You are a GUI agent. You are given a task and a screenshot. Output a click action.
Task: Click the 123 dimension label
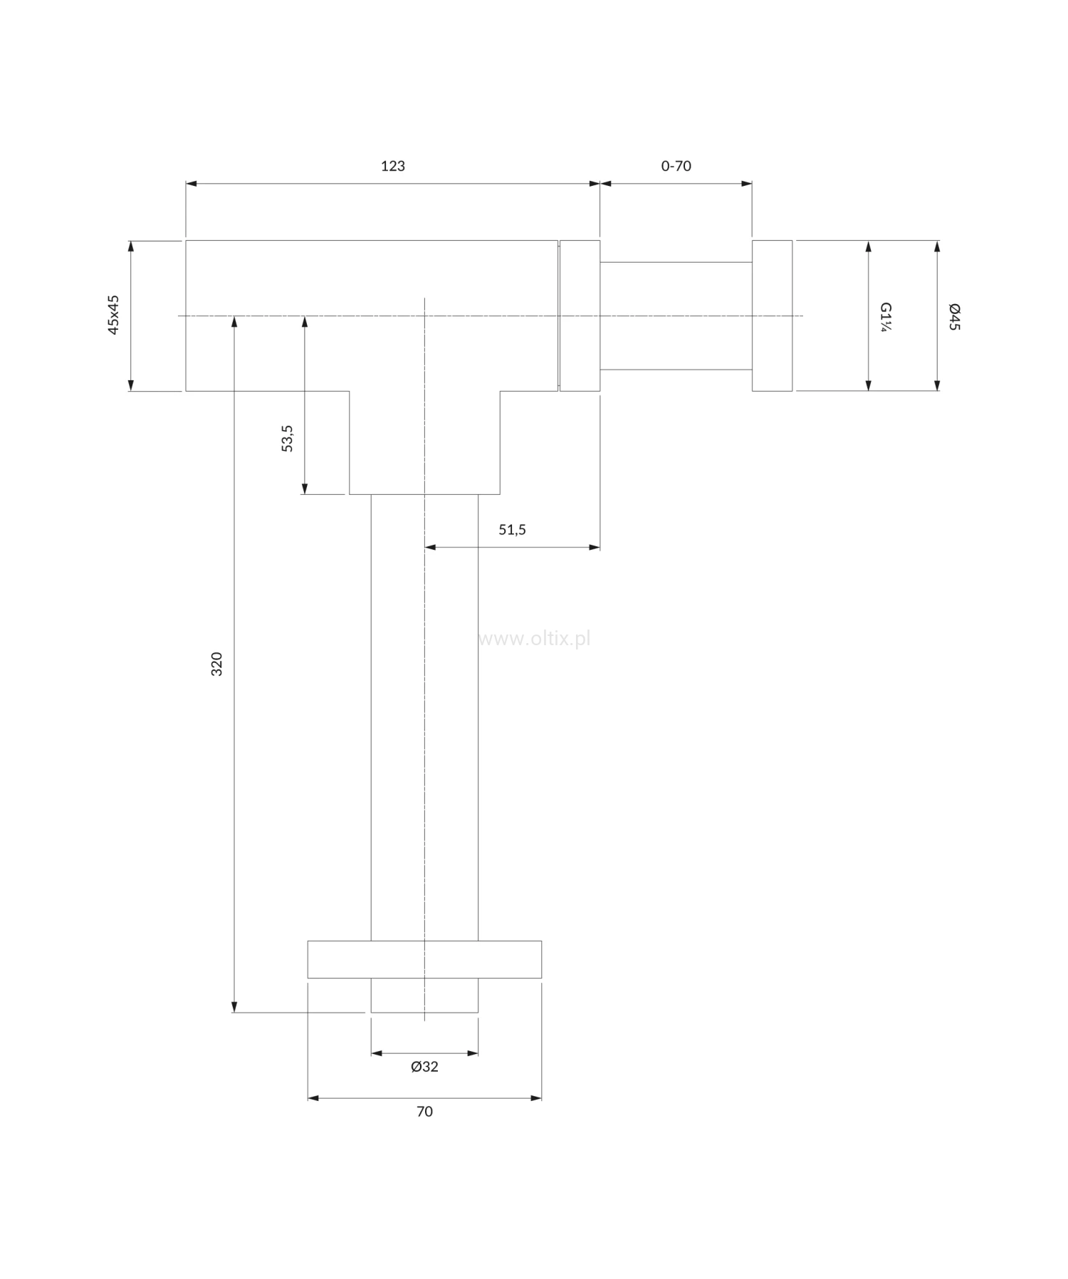pyautogui.click(x=393, y=166)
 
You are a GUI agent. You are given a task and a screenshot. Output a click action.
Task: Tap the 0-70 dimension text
pyautogui.click(x=676, y=166)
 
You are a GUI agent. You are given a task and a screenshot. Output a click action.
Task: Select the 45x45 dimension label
pyautogui.click(x=114, y=315)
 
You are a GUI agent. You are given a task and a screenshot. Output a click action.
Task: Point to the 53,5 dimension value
pyautogui.click(x=288, y=438)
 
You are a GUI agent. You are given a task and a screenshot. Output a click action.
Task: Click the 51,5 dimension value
pyautogui.click(x=512, y=530)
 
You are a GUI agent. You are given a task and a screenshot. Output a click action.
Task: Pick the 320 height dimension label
pyautogui.click(x=217, y=664)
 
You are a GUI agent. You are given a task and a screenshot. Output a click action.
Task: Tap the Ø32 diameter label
pyautogui.click(x=424, y=1066)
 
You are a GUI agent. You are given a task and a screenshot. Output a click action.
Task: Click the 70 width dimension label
pyautogui.click(x=424, y=1111)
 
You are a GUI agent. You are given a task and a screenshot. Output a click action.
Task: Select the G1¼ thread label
pyautogui.click(x=886, y=316)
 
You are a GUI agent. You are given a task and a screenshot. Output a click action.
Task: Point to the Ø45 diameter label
pyautogui.click(x=955, y=316)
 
